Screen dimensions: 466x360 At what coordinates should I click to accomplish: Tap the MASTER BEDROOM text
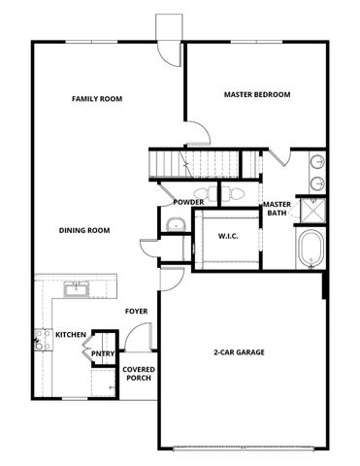257,94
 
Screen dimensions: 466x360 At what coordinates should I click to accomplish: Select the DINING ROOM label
83,230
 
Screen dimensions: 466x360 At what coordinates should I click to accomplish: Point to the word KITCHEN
71,334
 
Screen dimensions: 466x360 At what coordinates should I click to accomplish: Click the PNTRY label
103,354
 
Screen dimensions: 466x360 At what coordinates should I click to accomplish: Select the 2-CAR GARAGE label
239,351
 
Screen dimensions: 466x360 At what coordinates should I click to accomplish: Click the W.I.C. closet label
228,235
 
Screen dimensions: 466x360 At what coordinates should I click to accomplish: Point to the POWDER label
188,202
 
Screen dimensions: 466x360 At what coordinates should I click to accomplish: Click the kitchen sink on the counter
75,287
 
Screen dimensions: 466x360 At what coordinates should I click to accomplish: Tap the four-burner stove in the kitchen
42,340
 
